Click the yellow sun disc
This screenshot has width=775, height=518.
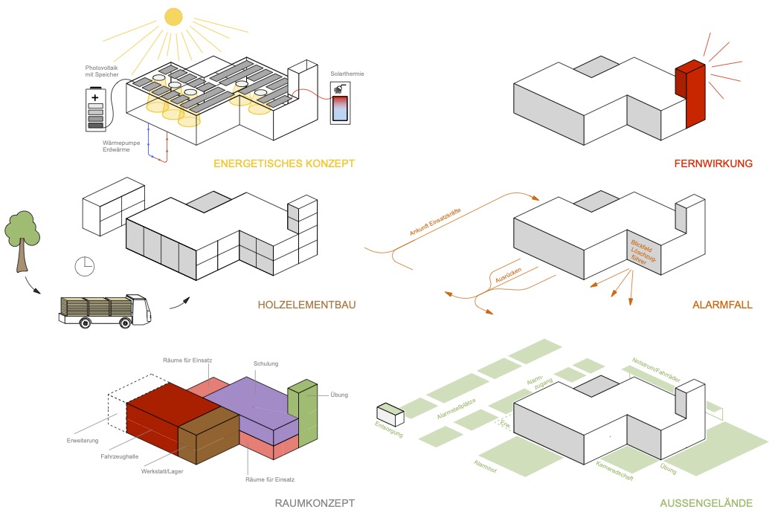click(173, 16)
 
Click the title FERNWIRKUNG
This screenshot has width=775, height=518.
click(714, 164)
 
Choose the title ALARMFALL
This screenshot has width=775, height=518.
click(721, 303)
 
